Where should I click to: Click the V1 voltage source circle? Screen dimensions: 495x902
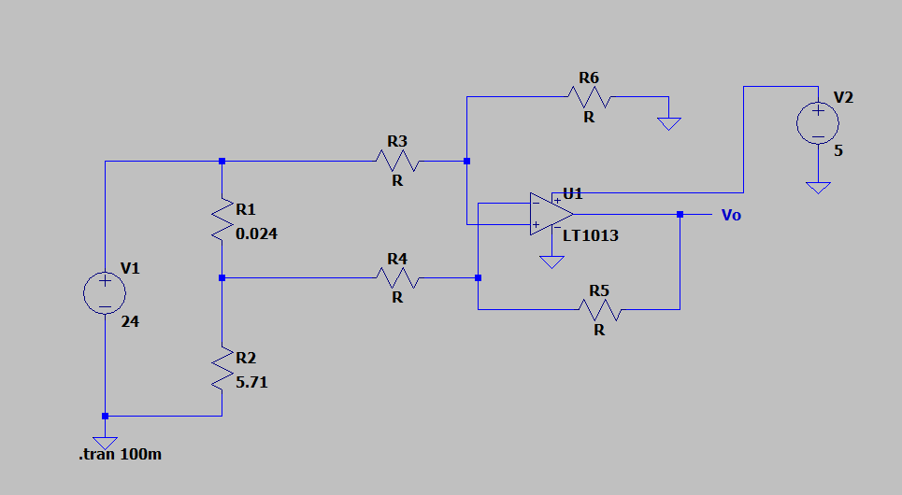pos(105,292)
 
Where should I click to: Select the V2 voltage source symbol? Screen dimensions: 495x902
pos(817,123)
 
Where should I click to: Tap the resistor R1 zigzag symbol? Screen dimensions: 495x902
pos(222,219)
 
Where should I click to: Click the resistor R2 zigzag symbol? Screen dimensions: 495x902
pos(222,368)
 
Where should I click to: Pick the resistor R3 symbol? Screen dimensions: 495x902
pos(397,162)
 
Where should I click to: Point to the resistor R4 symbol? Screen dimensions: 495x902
pos(397,277)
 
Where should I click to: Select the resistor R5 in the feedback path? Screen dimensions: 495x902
pos(599,309)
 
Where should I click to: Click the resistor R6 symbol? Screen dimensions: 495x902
pos(589,96)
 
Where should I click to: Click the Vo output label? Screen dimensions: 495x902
pos(731,216)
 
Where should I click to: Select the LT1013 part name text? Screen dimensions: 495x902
pos(591,235)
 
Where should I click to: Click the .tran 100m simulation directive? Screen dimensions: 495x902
pos(121,455)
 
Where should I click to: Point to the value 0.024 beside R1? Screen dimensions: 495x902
pos(257,234)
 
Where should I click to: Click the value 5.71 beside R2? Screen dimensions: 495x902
pos(252,382)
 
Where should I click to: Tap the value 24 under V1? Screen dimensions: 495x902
pos(130,321)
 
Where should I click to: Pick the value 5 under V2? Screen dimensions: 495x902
pos(838,149)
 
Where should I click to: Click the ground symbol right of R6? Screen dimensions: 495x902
pos(668,122)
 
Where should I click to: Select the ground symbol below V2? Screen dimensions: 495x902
pos(817,187)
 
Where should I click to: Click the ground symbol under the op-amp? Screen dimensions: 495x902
pos(551,262)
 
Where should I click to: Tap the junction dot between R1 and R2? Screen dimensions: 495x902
pos(222,277)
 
